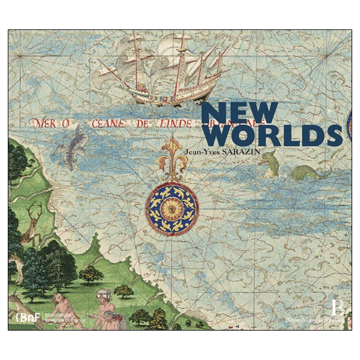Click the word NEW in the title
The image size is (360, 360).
pos(239,112)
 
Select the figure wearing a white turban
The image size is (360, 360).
pos(103,303)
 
